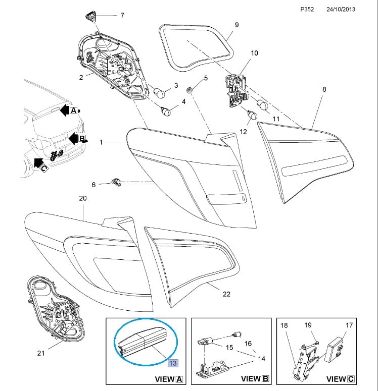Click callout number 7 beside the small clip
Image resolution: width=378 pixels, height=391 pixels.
pyautogui.click(x=122, y=16)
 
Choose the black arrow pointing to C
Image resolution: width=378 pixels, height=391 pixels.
pyautogui.click(x=37, y=162)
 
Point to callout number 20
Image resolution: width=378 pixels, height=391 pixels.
pyautogui.click(x=83, y=198)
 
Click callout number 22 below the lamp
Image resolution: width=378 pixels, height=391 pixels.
pyautogui.click(x=226, y=294)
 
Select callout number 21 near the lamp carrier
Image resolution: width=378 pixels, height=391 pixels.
pyautogui.click(x=41, y=353)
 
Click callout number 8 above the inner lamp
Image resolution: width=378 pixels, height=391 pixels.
pyautogui.click(x=324, y=89)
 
